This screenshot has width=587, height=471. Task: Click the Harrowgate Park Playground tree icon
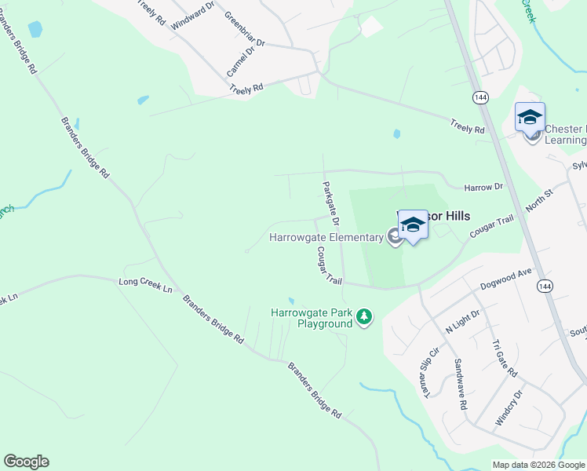pos(363,317)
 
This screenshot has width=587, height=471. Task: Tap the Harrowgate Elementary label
pos(326,237)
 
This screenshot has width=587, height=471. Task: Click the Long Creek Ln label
pos(145,284)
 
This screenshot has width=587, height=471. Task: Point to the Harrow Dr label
pos(483,187)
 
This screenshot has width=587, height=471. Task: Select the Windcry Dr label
pos(509,407)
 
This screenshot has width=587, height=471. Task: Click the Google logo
pos(26,462)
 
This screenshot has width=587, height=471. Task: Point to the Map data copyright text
pos(538,465)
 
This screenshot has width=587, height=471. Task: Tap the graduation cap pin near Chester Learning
pos(530,118)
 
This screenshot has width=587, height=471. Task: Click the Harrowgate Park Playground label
pos(312,317)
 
